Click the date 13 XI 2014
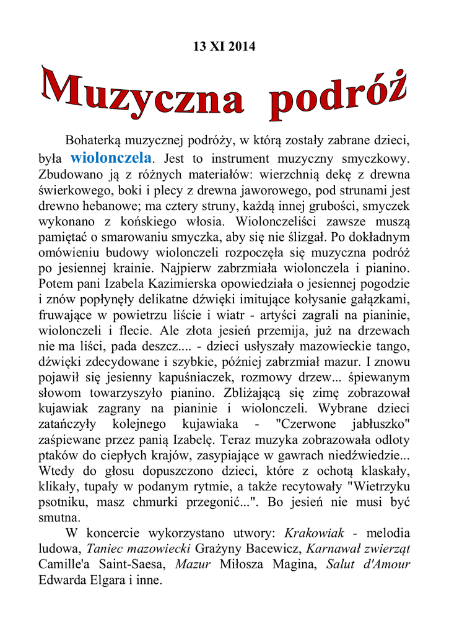coord(224,46)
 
